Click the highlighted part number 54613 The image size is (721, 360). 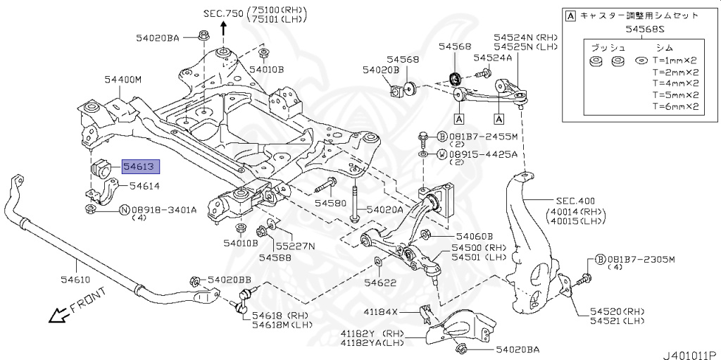[x=141, y=167]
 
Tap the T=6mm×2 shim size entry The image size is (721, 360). [x=675, y=107]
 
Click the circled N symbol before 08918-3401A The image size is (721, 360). [x=124, y=209]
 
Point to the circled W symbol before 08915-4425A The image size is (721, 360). [x=441, y=154]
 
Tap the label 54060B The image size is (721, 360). [x=475, y=237]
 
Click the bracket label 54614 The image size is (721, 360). [x=145, y=186]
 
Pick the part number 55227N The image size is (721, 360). [x=295, y=246]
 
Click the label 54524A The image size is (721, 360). [x=493, y=58]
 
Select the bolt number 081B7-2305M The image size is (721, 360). [x=641, y=259]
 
